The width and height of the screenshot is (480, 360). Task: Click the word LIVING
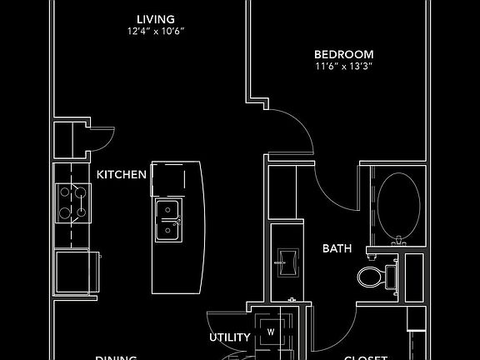pos(156,19)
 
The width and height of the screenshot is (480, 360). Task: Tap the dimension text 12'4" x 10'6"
pos(156,32)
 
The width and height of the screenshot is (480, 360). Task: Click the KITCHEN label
pos(122,175)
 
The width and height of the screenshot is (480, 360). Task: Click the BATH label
pos(337,248)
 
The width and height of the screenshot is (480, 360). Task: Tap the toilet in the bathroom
pos(374,276)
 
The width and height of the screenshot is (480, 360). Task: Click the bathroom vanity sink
pos(286,262)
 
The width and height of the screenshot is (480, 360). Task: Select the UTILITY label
pos(230,337)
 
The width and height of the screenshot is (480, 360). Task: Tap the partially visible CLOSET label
pos(366,357)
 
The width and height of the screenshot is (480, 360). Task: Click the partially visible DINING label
pos(116,357)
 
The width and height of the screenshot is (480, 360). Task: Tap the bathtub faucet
pos(397,242)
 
